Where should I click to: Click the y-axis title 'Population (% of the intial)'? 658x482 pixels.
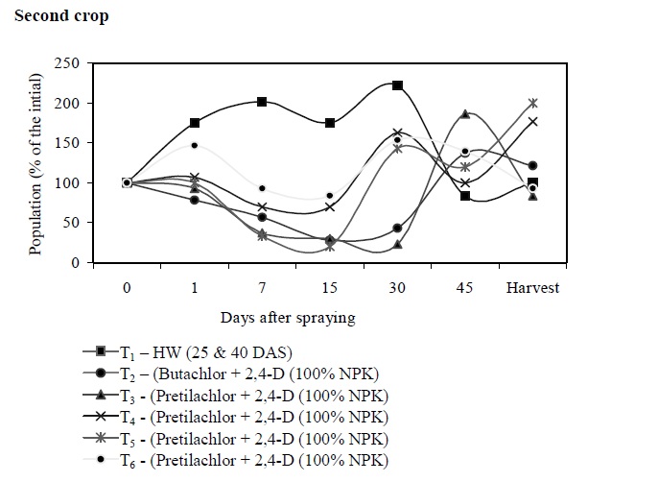pos(35,162)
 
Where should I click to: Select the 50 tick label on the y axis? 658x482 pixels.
pos(69,223)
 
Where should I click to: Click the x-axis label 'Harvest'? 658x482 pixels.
pos(532,287)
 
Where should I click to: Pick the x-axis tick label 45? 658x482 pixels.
pos(465,287)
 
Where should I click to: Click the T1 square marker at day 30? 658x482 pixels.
pos(397,85)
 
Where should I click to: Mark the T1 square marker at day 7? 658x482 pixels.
pos(262,101)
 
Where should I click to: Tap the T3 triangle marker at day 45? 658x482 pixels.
pos(465,113)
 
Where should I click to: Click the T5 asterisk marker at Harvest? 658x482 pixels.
pos(532,103)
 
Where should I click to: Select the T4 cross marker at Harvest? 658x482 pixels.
pos(532,122)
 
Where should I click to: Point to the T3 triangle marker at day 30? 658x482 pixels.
pos(397,245)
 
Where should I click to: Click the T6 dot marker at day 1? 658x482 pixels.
pos(194,145)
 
